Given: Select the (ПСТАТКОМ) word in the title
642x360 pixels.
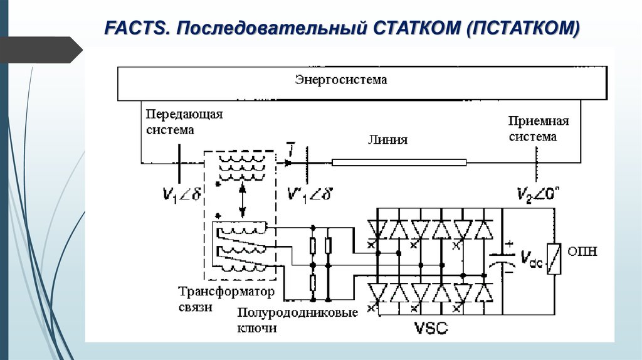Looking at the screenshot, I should pos(522,28).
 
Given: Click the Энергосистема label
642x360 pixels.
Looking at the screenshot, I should pos(341,80).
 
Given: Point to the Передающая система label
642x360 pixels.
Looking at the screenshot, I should pos(184,122).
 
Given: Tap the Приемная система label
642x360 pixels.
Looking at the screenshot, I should pos(538,129).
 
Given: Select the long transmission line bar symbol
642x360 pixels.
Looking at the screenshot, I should pos(399,163).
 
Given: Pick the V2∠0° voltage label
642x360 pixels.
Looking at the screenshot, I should pos(539,194).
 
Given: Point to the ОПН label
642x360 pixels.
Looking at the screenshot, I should pos(582,252).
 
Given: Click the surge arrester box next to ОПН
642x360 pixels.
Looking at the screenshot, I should pos(553,258).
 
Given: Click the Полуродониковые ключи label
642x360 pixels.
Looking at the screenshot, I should pos(297,320).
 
